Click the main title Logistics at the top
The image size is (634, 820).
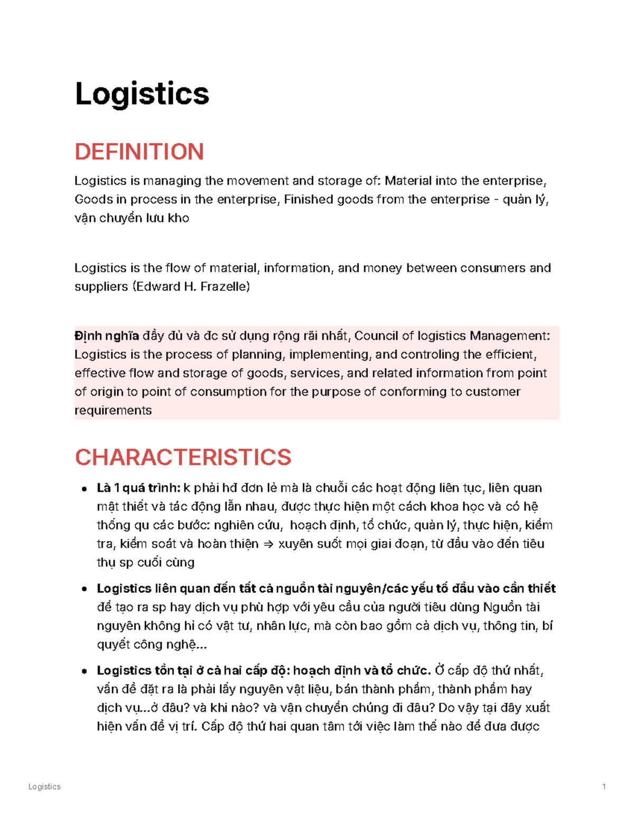click(x=142, y=94)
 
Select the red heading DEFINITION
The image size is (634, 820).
click(x=139, y=152)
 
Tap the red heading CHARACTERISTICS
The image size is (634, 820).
click(x=183, y=457)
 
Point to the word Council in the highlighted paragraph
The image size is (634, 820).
click(x=376, y=336)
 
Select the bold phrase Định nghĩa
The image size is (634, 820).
click(x=107, y=336)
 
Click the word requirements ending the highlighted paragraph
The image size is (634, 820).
click(x=113, y=410)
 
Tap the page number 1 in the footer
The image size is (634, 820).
click(x=604, y=787)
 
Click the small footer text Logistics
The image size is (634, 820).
click(x=44, y=787)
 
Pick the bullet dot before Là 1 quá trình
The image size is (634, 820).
click(x=84, y=489)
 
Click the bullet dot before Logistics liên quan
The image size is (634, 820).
click(x=84, y=589)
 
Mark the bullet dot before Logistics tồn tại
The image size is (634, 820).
click(x=84, y=671)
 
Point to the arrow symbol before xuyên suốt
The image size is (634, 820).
click(x=268, y=544)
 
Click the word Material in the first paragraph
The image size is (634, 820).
click(x=408, y=181)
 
